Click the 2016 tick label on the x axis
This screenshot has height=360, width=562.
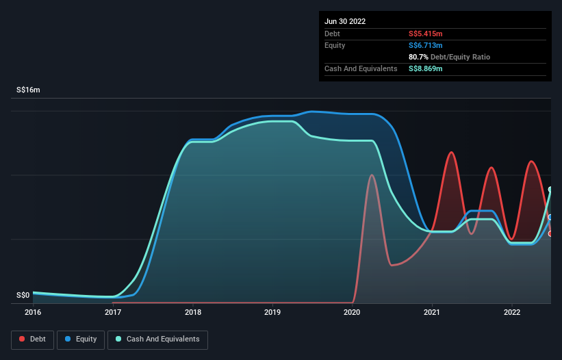point(33,313)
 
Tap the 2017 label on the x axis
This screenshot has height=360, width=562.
point(113,313)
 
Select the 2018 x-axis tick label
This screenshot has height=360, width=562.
point(193,313)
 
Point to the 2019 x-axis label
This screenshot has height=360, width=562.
point(272,313)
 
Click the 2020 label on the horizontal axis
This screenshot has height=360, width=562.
point(352,313)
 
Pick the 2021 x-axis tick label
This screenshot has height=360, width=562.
point(432,313)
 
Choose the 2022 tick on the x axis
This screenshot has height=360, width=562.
point(512,313)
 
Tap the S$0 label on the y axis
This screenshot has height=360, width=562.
point(23,296)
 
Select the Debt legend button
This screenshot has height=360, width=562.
point(32,339)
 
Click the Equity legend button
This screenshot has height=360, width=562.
point(81,339)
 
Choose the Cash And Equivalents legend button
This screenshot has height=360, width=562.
point(157,339)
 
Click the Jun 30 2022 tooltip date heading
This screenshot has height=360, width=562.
point(345,21)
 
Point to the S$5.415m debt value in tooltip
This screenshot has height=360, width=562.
point(425,34)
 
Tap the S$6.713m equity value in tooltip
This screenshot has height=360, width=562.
point(425,45)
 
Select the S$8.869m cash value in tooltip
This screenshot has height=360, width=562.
point(425,68)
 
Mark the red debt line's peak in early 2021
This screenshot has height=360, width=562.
point(451,152)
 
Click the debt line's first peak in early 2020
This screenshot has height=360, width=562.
point(371,175)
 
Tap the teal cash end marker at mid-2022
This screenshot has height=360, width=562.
point(550,190)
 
